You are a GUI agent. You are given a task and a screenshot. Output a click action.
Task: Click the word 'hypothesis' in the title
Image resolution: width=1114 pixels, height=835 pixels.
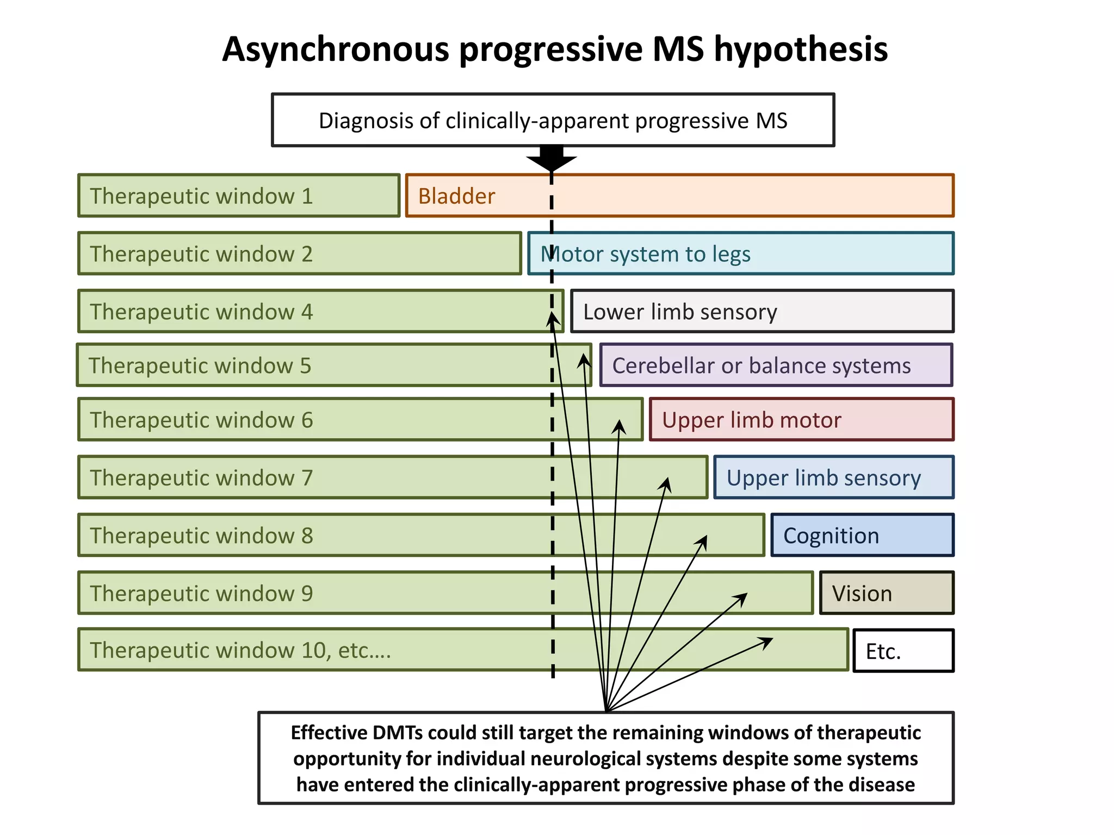(801, 50)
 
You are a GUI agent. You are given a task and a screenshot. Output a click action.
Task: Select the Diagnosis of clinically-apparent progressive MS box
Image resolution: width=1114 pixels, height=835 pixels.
(553, 120)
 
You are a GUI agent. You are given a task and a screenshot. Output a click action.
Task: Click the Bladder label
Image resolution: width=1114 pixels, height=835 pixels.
(456, 196)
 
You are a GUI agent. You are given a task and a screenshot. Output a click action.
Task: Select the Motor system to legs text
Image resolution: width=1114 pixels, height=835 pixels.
(645, 254)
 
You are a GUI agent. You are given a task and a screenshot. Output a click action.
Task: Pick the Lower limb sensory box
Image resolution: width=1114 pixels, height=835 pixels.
(762, 311)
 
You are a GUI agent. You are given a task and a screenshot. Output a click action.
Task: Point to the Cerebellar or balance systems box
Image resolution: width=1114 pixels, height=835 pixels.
(776, 365)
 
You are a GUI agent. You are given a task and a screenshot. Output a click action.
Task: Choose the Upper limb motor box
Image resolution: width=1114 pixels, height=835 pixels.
(801, 420)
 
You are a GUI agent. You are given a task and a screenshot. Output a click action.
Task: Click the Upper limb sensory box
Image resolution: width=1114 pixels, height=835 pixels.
(833, 478)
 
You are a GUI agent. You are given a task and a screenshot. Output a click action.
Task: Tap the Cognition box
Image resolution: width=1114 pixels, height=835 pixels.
(862, 535)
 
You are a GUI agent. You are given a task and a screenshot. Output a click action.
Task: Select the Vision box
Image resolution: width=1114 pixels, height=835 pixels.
(887, 593)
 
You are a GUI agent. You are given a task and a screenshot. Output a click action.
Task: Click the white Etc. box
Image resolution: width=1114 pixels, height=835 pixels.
(903, 651)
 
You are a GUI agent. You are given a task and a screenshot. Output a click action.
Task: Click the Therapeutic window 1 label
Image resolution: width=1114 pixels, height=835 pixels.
(201, 196)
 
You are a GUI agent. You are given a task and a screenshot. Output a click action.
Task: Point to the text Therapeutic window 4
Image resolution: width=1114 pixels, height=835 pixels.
(201, 312)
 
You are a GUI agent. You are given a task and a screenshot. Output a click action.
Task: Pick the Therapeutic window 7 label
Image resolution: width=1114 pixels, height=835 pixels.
(201, 478)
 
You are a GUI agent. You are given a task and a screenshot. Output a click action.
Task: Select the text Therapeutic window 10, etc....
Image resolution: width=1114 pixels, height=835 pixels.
(240, 650)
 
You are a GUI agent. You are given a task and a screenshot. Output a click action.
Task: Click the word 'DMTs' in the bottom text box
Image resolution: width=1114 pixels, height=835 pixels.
(397, 733)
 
